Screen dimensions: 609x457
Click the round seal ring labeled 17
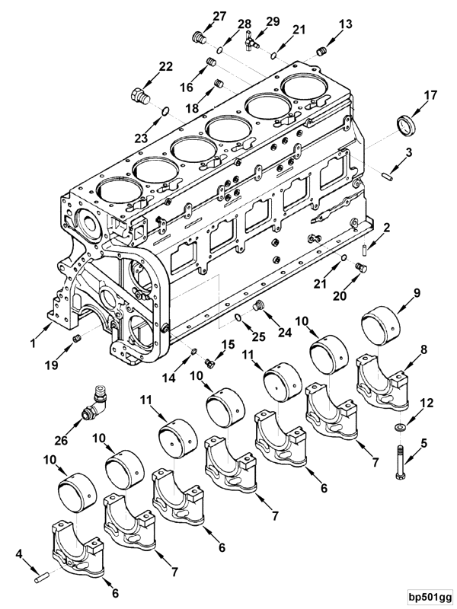405,123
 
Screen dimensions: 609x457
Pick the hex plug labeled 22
139,96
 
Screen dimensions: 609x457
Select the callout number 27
198,16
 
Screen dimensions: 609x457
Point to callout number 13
346,24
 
